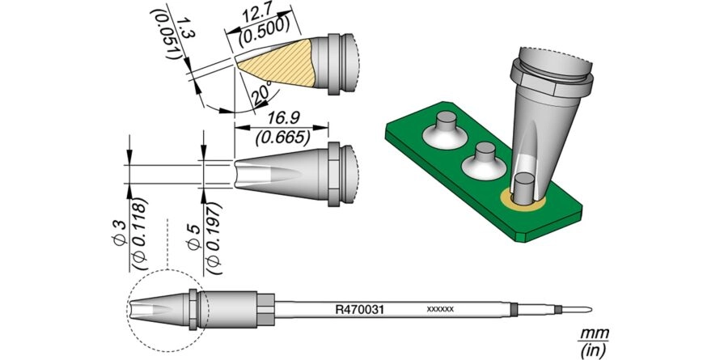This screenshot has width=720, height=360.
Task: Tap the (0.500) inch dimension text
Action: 265,33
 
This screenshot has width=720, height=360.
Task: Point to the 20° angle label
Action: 261,94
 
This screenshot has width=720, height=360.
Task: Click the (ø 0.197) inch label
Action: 214,237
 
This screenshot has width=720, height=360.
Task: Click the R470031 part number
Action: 359,311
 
